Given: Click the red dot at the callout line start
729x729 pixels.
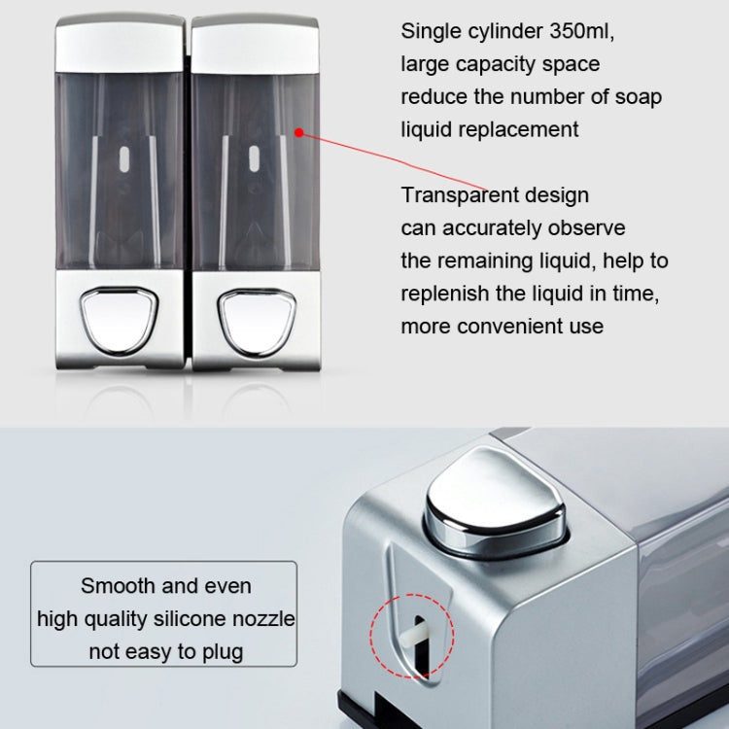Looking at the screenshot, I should pyautogui.click(x=299, y=132).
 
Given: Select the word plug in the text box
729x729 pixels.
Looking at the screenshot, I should pyautogui.click(x=223, y=651).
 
